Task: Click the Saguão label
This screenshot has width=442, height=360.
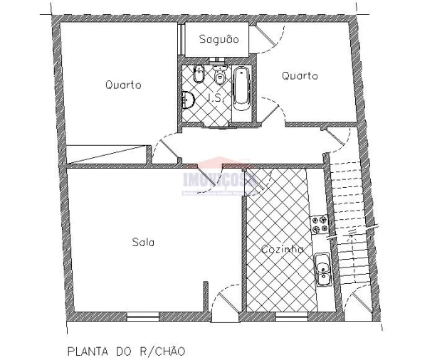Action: [x=219, y=38]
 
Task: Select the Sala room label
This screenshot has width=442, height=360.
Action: [x=143, y=242]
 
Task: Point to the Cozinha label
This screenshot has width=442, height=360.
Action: [x=282, y=249]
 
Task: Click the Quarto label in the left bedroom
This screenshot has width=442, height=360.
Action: [x=123, y=85]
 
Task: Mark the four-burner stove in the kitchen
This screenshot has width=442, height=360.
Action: [x=320, y=225]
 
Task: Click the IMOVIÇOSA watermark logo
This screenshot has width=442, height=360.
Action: [x=223, y=179]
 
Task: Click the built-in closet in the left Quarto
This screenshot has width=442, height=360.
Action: [x=107, y=154]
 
